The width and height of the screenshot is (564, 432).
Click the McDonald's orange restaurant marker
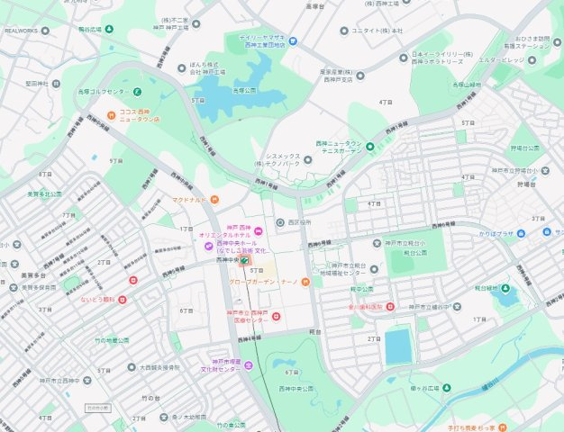tap(214, 199)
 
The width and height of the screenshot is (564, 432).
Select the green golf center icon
tap(137, 91)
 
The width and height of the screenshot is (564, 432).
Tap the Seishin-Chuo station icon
tap(245, 260)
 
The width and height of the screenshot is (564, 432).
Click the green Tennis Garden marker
tap(369, 146)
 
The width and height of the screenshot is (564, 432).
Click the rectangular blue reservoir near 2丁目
tap(397, 346)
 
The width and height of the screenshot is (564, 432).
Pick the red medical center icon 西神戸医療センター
tap(276, 316)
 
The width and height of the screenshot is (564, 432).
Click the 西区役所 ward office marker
tap(279, 222)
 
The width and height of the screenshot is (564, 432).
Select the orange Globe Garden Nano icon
tap(305, 283)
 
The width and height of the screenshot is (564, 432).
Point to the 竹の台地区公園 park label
tap(112, 340)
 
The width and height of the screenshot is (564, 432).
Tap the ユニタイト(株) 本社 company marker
tap(344, 31)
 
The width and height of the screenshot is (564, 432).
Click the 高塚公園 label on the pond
tap(243, 90)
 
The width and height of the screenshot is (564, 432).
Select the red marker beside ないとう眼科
tap(122, 300)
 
